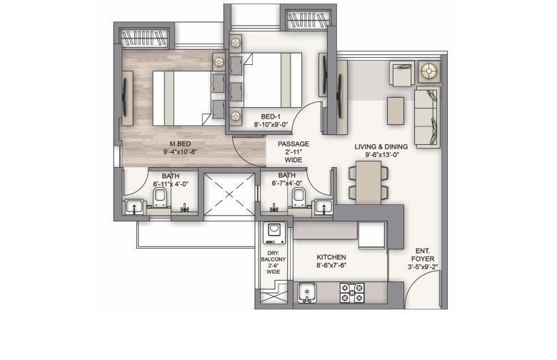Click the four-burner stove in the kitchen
[351, 293]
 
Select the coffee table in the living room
[396, 111]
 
